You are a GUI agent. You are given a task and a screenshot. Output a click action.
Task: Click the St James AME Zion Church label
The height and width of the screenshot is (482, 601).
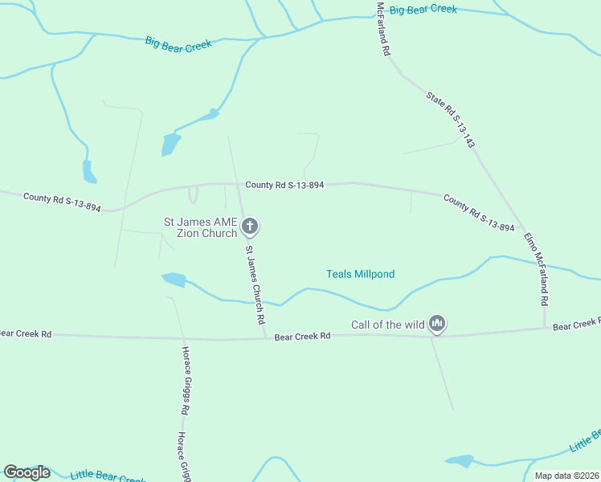[x=201, y=227]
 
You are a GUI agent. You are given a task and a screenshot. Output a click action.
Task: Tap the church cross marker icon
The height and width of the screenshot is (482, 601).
[x=250, y=227]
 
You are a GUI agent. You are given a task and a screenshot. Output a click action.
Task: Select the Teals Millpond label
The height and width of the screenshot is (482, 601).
[x=360, y=274]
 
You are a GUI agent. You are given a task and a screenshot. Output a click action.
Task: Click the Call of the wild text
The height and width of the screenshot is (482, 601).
[x=387, y=325]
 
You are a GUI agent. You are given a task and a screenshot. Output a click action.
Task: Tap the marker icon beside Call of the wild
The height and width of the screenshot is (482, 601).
[x=437, y=324]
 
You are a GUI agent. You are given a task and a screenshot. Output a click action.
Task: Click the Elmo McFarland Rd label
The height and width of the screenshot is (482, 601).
[x=536, y=269]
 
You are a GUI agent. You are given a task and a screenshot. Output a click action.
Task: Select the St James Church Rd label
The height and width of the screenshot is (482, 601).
[x=256, y=284]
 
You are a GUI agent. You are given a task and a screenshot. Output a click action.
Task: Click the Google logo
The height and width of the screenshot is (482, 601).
[x=27, y=472]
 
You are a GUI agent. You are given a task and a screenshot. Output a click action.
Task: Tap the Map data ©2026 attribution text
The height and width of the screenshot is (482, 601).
[x=566, y=476]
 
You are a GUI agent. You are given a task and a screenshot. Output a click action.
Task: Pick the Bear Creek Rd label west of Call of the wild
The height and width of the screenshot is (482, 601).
[x=302, y=336]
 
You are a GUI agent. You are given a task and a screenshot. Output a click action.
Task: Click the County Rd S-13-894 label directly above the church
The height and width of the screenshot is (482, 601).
[x=284, y=185]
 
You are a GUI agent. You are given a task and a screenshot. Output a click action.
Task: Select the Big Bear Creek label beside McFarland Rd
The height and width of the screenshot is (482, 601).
[x=423, y=10]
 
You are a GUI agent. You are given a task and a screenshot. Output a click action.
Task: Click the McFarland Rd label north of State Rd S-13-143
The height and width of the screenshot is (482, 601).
[x=383, y=28]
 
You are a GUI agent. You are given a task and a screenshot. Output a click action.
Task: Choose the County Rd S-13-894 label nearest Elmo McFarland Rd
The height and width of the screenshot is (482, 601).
[x=478, y=214]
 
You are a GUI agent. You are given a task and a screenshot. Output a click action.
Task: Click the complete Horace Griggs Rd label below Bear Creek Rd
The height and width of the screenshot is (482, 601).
[x=185, y=380]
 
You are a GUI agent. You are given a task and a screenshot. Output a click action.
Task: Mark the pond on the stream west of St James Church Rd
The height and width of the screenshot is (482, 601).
[x=174, y=280]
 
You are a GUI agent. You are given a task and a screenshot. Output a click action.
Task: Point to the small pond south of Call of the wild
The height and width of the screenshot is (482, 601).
[x=460, y=461]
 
